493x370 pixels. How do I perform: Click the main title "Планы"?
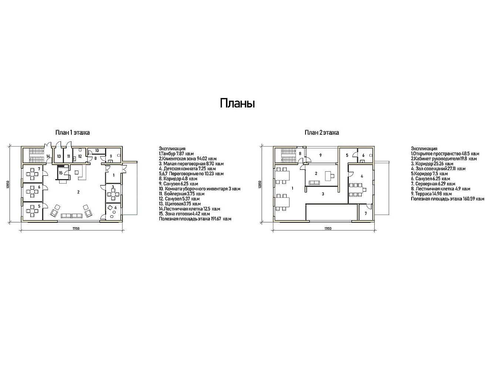click(x=237, y=104)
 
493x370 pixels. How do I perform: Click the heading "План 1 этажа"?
click(x=72, y=132)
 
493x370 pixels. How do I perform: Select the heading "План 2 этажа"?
click(x=322, y=132)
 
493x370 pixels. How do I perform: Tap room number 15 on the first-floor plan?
click(x=61, y=173)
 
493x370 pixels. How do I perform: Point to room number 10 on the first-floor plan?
click(x=97, y=151)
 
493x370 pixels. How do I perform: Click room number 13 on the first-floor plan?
click(x=59, y=156)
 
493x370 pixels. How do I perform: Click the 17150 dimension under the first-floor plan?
click(x=76, y=228)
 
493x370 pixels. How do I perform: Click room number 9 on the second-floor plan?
click(x=321, y=155)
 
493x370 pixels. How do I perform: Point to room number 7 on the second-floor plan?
click(x=366, y=213)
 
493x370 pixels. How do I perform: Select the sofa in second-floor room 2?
click(x=314, y=183)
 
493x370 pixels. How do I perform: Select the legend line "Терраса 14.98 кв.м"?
click(x=432, y=194)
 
